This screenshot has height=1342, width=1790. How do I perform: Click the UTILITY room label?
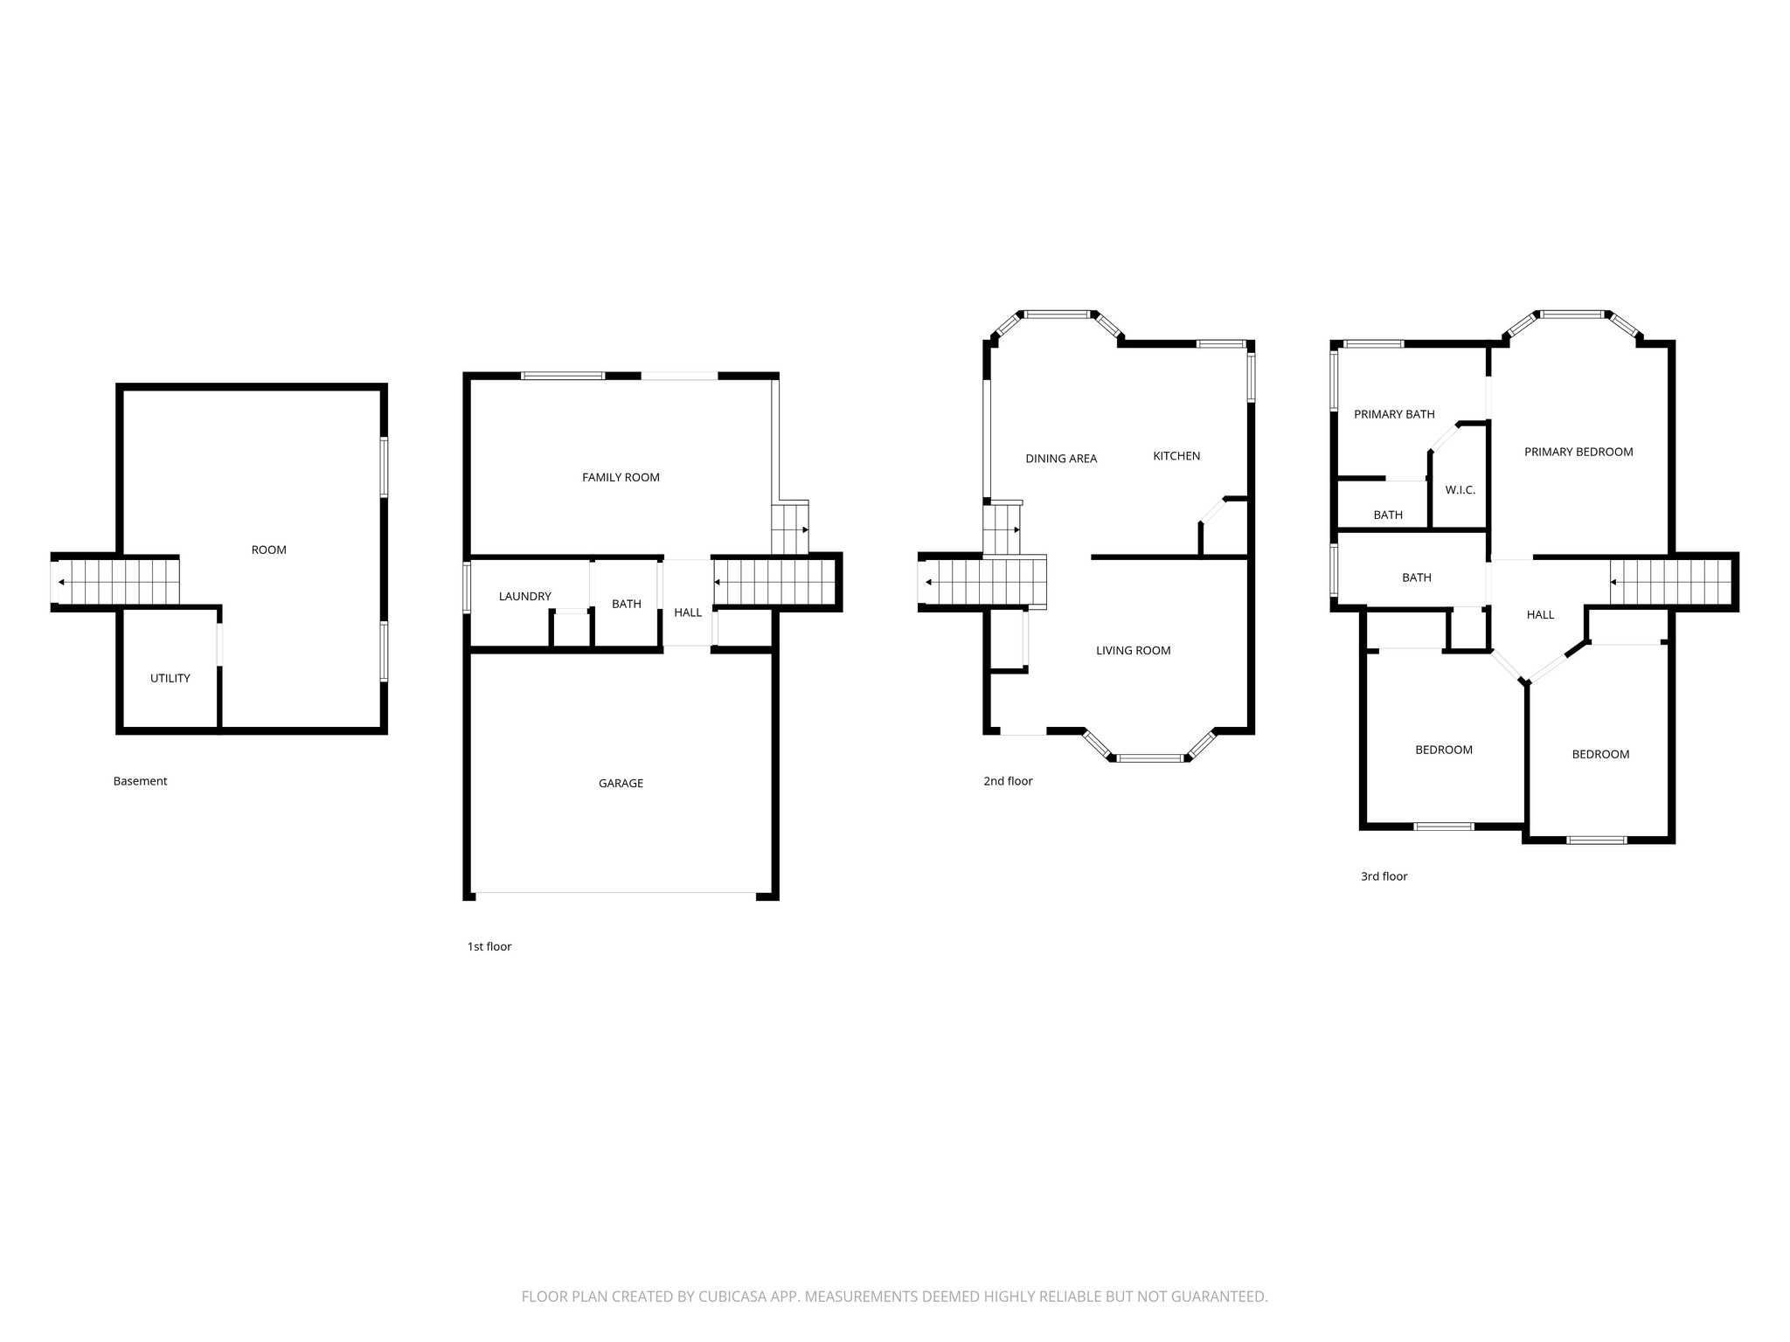click(x=170, y=678)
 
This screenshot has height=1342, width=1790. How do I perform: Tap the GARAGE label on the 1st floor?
click(x=621, y=783)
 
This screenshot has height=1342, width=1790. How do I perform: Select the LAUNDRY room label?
click(x=524, y=596)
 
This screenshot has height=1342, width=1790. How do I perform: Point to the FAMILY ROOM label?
click(x=621, y=477)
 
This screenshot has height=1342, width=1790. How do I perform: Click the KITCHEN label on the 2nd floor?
click(x=1176, y=455)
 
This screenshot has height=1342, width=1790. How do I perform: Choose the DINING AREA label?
click(x=1061, y=458)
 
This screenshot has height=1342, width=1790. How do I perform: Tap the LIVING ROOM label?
click(x=1133, y=650)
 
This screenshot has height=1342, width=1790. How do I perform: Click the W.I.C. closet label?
click(x=1460, y=490)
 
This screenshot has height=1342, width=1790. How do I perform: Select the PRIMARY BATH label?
click(x=1394, y=414)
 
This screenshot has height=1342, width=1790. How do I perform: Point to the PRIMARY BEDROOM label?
click(x=1578, y=452)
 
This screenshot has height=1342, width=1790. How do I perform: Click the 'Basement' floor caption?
click(x=140, y=781)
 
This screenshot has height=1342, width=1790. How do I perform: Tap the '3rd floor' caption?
click(x=1384, y=876)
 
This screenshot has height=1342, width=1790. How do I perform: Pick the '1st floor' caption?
click(x=489, y=946)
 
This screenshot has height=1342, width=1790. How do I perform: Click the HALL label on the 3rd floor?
click(x=1540, y=614)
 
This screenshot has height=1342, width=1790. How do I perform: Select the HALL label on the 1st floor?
click(x=688, y=612)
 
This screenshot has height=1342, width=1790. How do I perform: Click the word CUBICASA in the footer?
click(x=732, y=1297)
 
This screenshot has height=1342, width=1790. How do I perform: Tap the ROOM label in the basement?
click(x=268, y=550)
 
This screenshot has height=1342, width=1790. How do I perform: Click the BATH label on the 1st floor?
click(x=626, y=604)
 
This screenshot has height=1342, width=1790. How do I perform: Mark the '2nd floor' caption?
click(x=1008, y=781)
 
